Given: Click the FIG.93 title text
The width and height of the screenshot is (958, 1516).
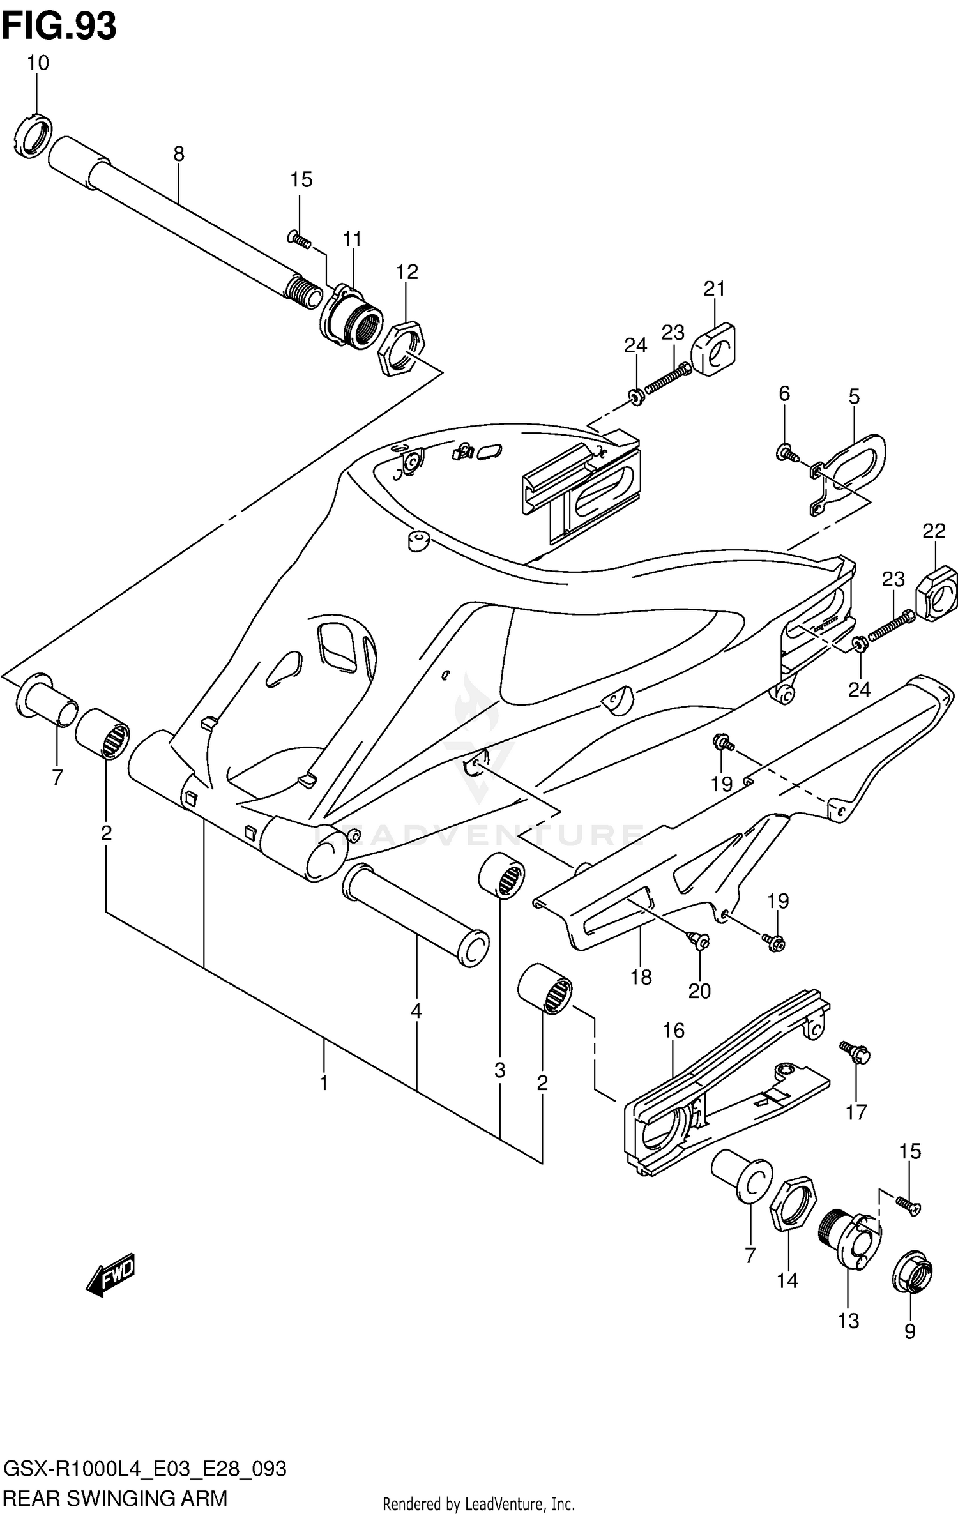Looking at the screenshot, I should click(x=59, y=27).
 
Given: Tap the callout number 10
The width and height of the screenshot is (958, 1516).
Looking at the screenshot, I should click(x=38, y=63).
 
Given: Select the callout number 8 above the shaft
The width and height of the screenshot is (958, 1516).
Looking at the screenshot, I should click(x=179, y=153).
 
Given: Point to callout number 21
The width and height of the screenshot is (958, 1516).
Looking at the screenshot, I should click(x=715, y=289).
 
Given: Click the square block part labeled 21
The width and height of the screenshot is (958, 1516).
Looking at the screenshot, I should click(x=714, y=349).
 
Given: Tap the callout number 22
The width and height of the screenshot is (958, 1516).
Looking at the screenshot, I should click(x=934, y=531).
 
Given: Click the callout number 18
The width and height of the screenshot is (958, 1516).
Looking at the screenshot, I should click(x=641, y=976).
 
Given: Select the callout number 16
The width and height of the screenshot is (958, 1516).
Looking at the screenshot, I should click(x=673, y=1030).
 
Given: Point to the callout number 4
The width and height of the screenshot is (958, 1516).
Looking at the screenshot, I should click(x=416, y=1011).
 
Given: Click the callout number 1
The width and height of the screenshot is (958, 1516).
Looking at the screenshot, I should click(x=324, y=1083).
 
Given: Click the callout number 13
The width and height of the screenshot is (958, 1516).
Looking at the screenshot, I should click(x=848, y=1321).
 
